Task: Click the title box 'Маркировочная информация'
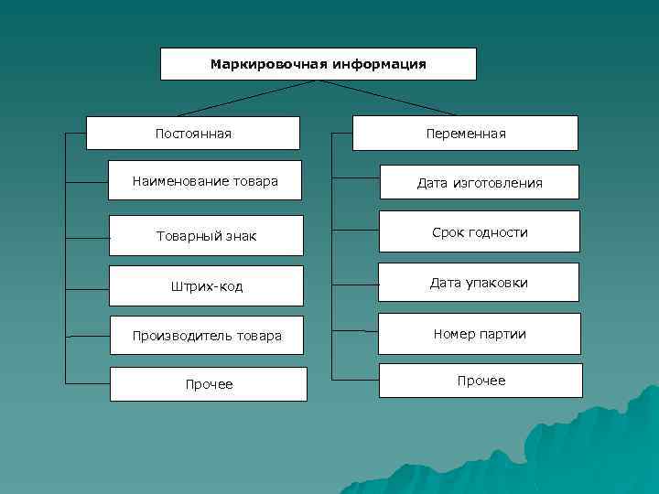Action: click(319, 64)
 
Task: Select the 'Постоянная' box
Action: click(193, 134)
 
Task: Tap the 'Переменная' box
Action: click(465, 134)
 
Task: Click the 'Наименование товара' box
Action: click(205, 181)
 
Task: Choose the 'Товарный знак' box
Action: click(206, 236)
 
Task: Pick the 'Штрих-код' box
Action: click(206, 285)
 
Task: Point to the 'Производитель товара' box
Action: click(207, 335)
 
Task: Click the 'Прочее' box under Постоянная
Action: click(209, 384)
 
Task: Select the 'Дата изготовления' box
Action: click(480, 183)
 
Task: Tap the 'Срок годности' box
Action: click(480, 232)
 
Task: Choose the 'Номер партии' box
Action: click(480, 334)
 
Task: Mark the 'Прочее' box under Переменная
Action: click(481, 381)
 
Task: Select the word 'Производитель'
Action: click(179, 335)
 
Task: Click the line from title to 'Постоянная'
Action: click(247, 98)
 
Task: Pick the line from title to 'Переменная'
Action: click(389, 98)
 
